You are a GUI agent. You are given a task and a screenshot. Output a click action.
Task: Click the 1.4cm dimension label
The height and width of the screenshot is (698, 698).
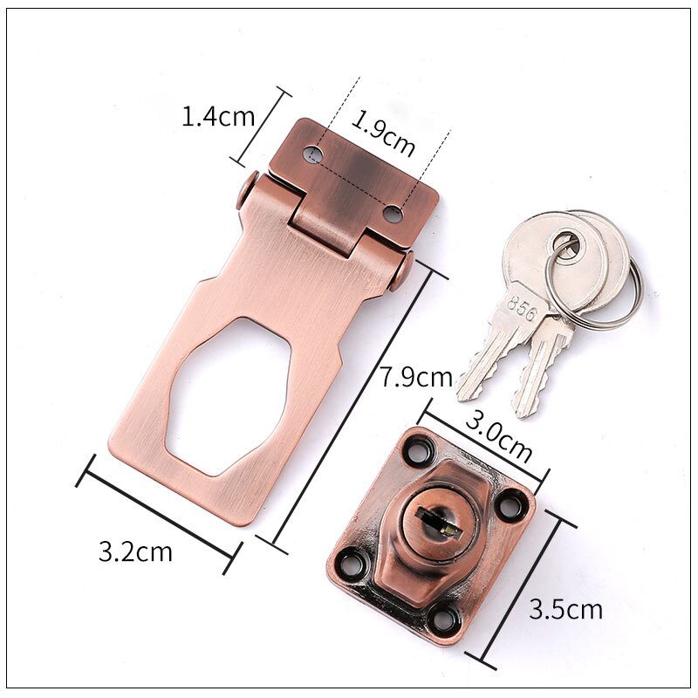pos(217,116)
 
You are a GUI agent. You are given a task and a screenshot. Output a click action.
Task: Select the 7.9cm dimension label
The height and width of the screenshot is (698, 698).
pos(415,378)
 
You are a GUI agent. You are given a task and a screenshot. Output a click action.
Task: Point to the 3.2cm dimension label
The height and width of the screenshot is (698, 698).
pos(135,551)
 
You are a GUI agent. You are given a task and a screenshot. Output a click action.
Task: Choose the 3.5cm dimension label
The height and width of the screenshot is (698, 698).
pos(565,608)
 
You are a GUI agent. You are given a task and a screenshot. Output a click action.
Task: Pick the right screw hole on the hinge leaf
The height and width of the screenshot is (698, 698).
pos(394,212)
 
